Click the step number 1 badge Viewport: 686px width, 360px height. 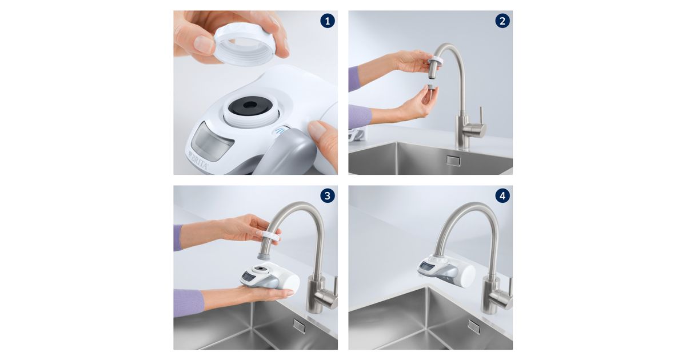pos(328,21)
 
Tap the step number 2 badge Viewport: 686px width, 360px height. pos(502,21)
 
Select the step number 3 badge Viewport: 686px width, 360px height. pos(328,195)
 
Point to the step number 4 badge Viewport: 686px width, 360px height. pos(502,195)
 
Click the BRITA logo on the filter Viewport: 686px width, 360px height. pos(198,161)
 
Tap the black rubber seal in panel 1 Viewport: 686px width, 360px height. pos(250,106)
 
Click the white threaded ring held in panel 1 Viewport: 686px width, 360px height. pos(244,46)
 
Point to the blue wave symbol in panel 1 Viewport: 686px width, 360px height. pos(280,131)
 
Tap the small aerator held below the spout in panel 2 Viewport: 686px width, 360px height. pos(431,86)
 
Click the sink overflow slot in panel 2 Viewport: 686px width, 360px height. pos(453,161)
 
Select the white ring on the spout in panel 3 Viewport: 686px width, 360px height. pos(271,237)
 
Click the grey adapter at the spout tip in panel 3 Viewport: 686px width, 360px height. pos(264,255)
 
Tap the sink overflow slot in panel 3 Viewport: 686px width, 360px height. pos(299,326)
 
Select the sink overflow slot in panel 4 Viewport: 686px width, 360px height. pos(474,327)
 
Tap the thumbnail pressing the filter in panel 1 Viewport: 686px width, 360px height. pos(317,128)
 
